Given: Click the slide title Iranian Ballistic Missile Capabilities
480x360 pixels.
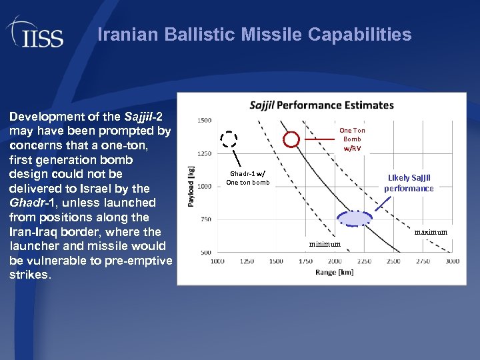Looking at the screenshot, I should [254, 35].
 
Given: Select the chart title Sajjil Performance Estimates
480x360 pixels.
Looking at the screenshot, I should [321, 105].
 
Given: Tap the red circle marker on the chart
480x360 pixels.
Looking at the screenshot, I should [291, 139].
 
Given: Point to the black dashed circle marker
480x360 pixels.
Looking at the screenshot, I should [229, 139].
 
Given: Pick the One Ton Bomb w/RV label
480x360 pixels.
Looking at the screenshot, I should [351, 139].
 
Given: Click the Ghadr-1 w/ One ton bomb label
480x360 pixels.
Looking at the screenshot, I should [247, 178].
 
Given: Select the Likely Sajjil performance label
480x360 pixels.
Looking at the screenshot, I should [409, 183].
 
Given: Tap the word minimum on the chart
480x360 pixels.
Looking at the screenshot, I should [324, 244].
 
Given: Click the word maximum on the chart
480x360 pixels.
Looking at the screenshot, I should [430, 232].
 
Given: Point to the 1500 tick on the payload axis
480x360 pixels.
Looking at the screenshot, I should [204, 121].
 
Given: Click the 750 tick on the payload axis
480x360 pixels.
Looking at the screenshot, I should [205, 219].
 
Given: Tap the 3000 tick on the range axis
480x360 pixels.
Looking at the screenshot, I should [452, 262].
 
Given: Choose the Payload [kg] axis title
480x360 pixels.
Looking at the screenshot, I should [191, 187].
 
